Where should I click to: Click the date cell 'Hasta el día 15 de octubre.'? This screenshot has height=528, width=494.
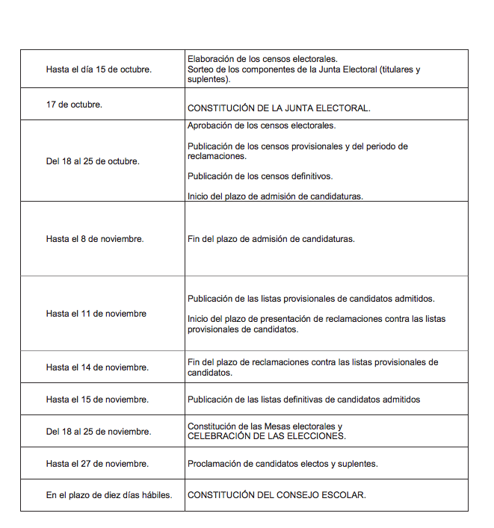pyautogui.click(x=99, y=69)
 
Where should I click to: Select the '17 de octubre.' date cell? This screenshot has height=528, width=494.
pyautogui.click(x=75, y=105)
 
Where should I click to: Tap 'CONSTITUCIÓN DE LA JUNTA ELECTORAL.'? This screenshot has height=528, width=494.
pyautogui.click(x=278, y=108)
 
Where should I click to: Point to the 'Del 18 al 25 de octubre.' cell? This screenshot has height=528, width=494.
pyautogui.click(x=93, y=161)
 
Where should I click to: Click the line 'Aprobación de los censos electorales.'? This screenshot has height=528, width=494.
pyautogui.click(x=261, y=125)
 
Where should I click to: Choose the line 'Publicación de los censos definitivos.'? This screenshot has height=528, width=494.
pyautogui.click(x=259, y=176)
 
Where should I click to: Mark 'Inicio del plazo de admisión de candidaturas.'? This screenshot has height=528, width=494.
pyautogui.click(x=275, y=196)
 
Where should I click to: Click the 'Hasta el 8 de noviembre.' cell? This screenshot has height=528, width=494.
pyautogui.click(x=95, y=239)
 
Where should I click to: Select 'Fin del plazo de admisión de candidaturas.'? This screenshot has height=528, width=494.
pyautogui.click(x=271, y=239)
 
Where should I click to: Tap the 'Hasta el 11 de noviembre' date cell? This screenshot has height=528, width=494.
pyautogui.click(x=96, y=314)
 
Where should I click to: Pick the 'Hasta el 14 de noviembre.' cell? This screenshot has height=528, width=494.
pyautogui.click(x=97, y=367)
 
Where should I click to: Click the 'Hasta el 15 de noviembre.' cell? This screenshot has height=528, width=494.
pyautogui.click(x=97, y=400)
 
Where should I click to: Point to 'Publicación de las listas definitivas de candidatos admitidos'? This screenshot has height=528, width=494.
pyautogui.click(x=303, y=400)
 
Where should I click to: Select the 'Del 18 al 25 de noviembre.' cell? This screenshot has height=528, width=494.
pyautogui.click(x=99, y=432)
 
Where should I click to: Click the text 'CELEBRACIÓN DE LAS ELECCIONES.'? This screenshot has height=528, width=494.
pyautogui.click(x=266, y=436)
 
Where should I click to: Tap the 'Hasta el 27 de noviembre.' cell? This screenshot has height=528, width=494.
pyautogui.click(x=97, y=464)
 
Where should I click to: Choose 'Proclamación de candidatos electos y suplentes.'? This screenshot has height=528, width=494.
pyautogui.click(x=282, y=464)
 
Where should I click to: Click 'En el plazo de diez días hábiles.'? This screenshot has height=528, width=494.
pyautogui.click(x=109, y=495)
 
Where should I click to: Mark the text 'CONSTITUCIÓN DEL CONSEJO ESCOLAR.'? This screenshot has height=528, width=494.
pyautogui.click(x=277, y=495)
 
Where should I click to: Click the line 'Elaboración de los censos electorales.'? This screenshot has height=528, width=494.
pyautogui.click(x=262, y=58)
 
